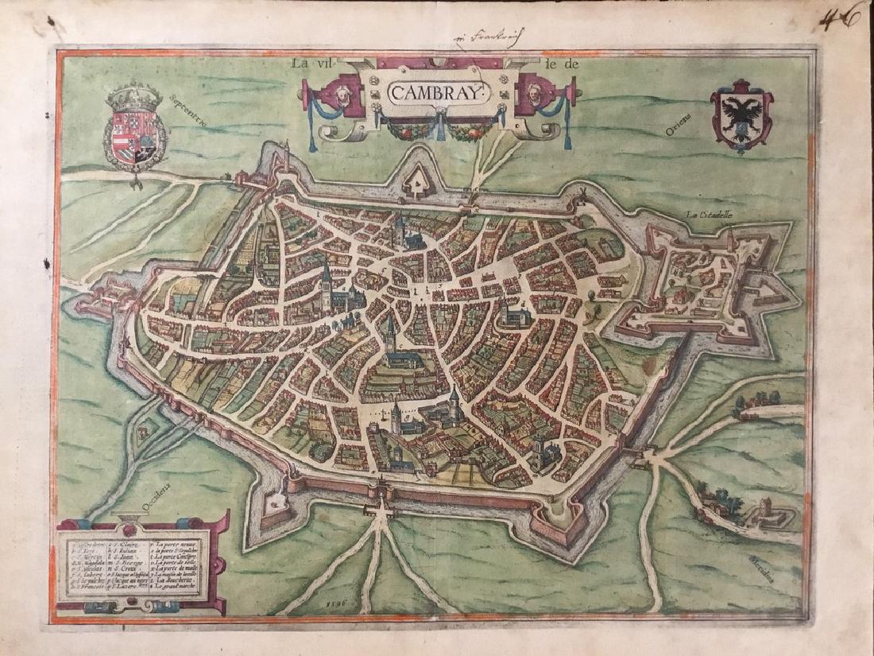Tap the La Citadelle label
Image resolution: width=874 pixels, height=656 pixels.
click(713, 215)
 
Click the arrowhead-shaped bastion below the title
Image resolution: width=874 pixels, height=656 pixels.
click(414, 185)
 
